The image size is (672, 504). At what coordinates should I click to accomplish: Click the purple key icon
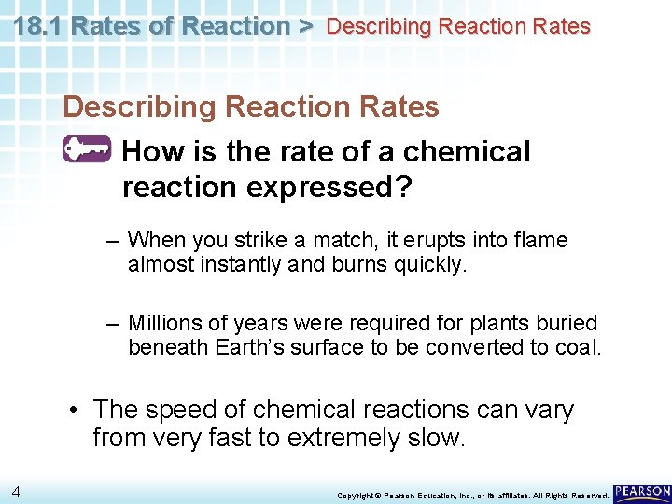point(87,150)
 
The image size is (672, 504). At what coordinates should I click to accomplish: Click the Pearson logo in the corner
point(642,492)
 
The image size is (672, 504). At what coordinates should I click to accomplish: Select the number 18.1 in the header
point(39,26)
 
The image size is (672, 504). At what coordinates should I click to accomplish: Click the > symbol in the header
point(305,26)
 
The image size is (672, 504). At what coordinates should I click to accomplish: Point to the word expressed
point(329,187)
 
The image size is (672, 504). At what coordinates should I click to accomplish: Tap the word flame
point(539,241)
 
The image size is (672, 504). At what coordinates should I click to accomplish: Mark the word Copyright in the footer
point(355,495)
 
